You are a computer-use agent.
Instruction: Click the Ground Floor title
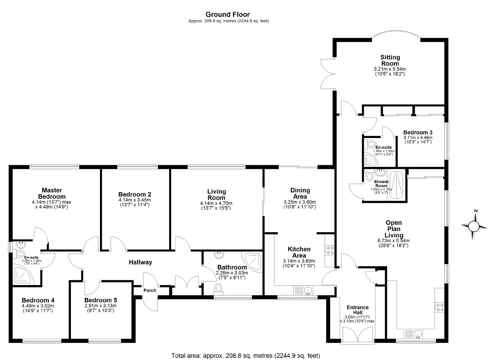(x=228, y=15)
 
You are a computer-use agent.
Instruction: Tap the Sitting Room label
(x=390, y=60)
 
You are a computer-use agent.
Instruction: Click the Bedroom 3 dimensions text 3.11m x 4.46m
(x=418, y=137)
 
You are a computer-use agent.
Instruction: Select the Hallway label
(x=140, y=262)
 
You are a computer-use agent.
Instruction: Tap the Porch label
(x=150, y=290)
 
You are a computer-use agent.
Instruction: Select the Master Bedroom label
(x=52, y=193)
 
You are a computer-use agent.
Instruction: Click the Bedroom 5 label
(x=101, y=300)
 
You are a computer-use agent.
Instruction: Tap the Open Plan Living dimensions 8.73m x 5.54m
(x=394, y=241)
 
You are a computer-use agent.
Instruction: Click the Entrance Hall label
(x=358, y=310)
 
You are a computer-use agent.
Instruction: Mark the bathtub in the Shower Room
(x=396, y=185)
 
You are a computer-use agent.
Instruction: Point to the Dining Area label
(x=300, y=193)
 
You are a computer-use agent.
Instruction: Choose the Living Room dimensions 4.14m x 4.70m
(x=216, y=203)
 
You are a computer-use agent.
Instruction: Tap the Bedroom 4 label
(x=38, y=300)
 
